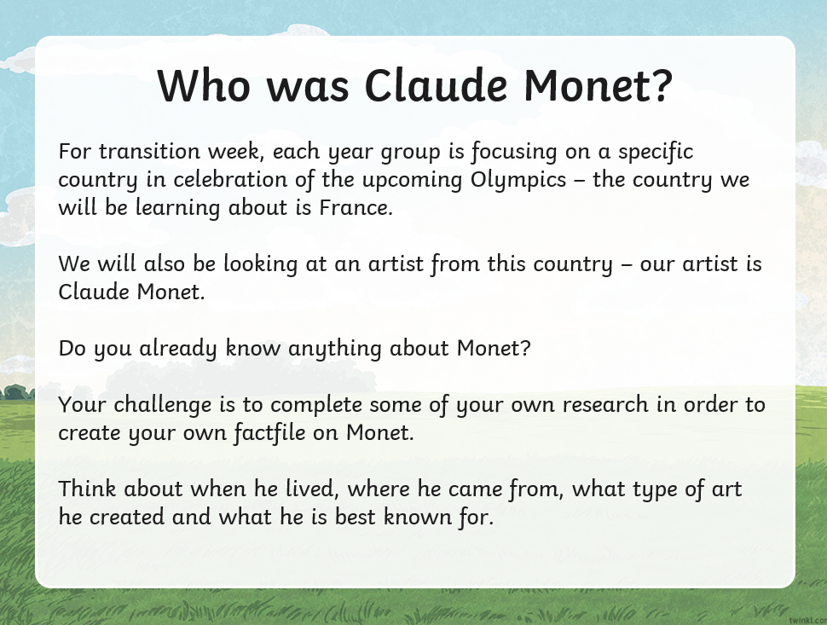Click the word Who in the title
coord(204,85)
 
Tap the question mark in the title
coord(662,84)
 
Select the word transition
coord(149,152)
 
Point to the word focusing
coord(514,153)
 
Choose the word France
coord(356,207)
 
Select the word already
coord(178,349)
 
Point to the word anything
coord(335,349)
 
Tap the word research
coord(605,404)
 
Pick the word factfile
coord(269,433)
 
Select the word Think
coord(87,489)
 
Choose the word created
coord(126,517)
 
